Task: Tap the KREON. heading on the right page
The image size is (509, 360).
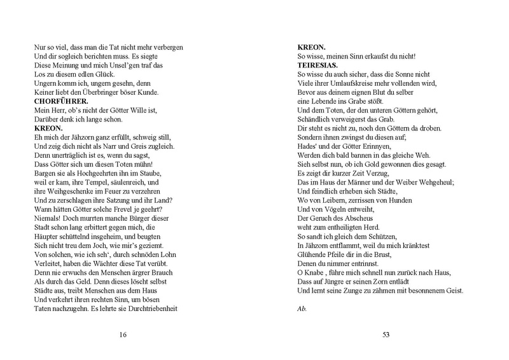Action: click(313, 47)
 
